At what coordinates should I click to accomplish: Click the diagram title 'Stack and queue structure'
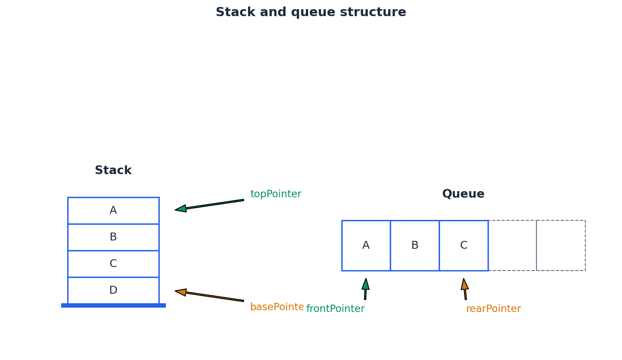(x=311, y=12)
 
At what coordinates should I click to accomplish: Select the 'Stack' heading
(x=113, y=171)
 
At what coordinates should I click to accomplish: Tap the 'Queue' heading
(x=463, y=194)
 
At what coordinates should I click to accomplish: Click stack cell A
(x=113, y=211)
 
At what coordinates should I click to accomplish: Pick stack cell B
(x=113, y=237)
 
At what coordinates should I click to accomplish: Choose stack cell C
(x=113, y=264)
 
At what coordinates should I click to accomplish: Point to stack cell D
(x=113, y=291)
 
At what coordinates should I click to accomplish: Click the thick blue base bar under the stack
(x=113, y=305)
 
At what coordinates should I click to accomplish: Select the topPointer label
(x=275, y=194)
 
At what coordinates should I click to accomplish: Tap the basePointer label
(x=277, y=307)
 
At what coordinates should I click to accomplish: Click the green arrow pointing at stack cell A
(x=210, y=205)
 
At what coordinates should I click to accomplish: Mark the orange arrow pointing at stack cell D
(x=210, y=296)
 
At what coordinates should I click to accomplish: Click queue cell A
(x=366, y=246)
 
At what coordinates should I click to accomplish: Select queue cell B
(x=415, y=246)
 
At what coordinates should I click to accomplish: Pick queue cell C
(x=464, y=246)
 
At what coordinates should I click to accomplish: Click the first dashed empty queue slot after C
(x=512, y=246)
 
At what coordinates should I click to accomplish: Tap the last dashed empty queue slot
(x=561, y=246)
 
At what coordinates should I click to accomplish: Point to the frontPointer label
(x=335, y=309)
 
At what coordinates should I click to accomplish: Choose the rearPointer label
(x=493, y=309)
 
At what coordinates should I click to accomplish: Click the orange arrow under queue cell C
(x=465, y=289)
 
